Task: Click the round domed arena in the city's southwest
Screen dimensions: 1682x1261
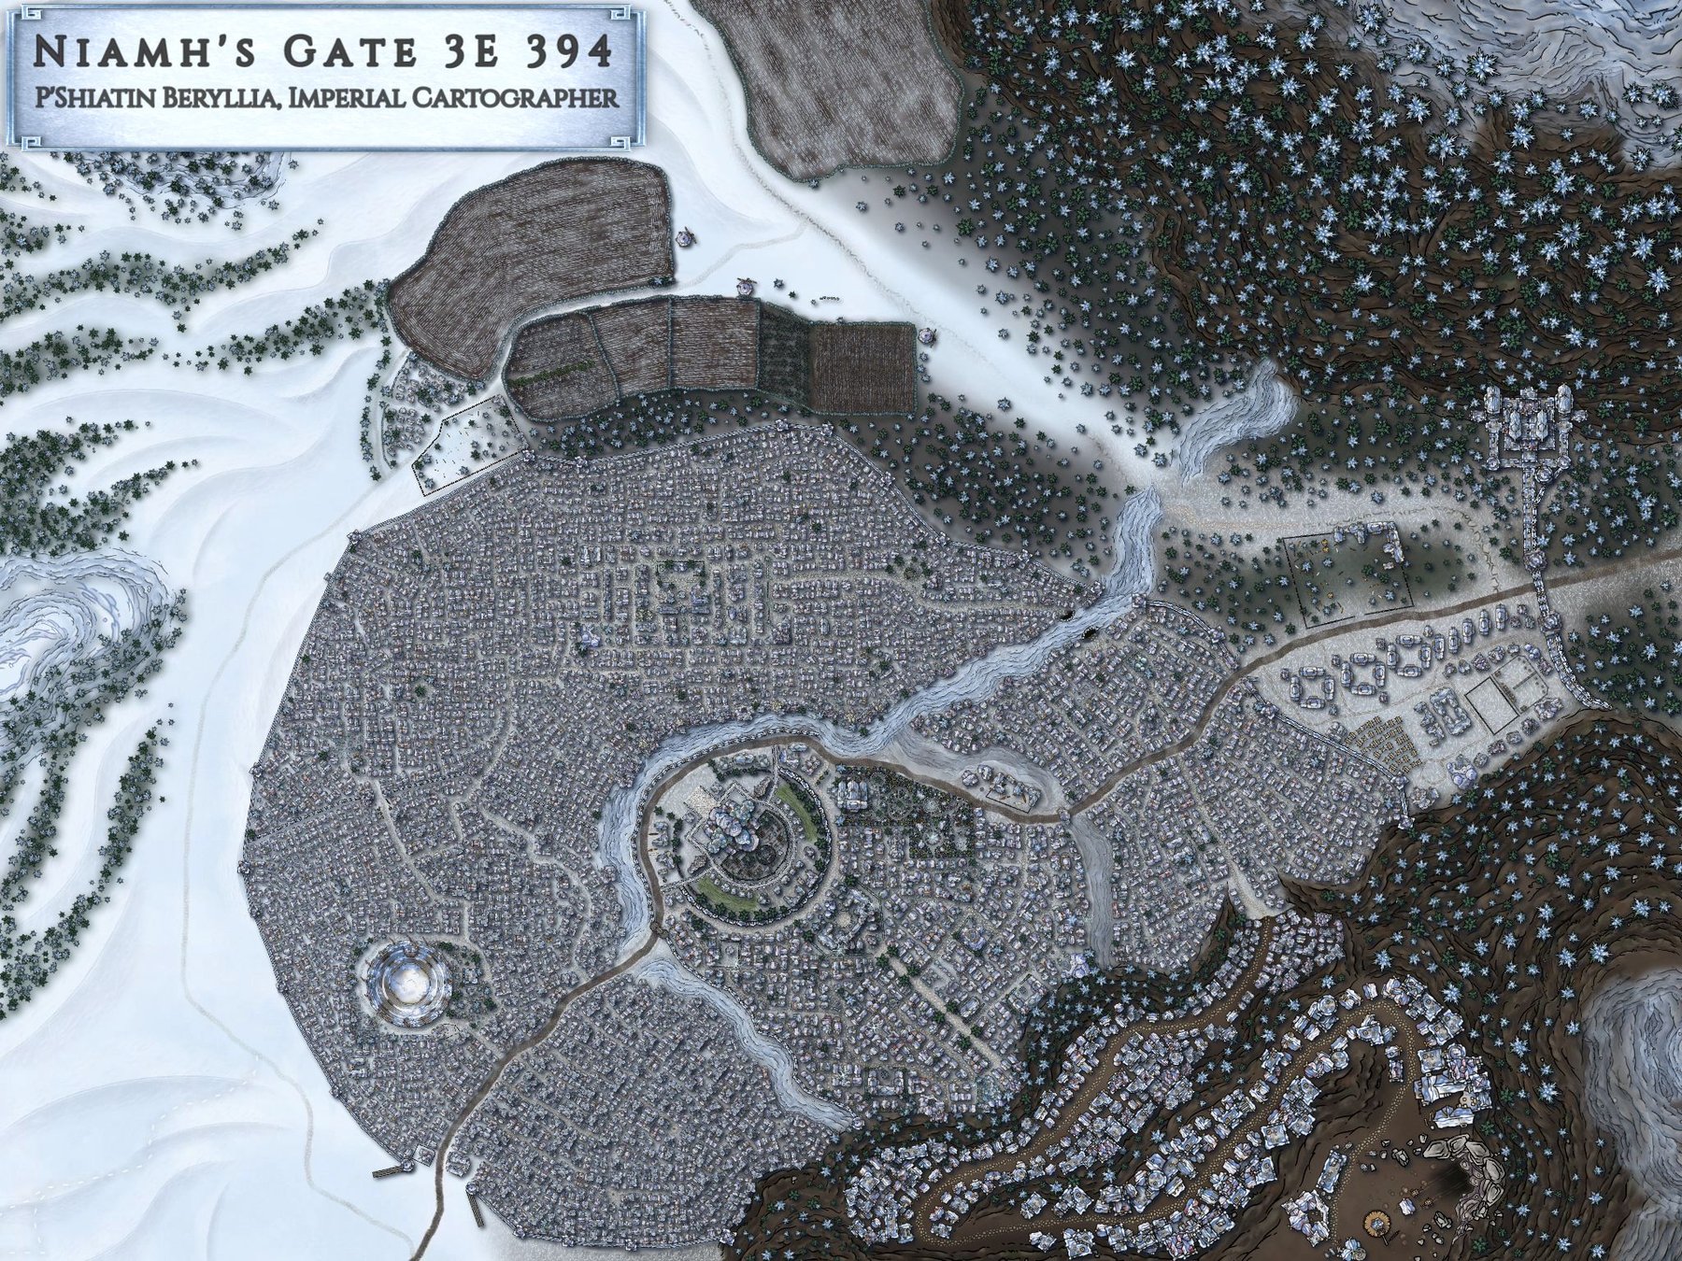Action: coord(409,985)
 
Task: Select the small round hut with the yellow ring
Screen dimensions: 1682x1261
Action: coord(1376,1221)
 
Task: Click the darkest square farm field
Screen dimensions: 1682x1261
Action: coord(862,367)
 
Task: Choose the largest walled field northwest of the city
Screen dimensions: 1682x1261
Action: coord(528,249)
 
